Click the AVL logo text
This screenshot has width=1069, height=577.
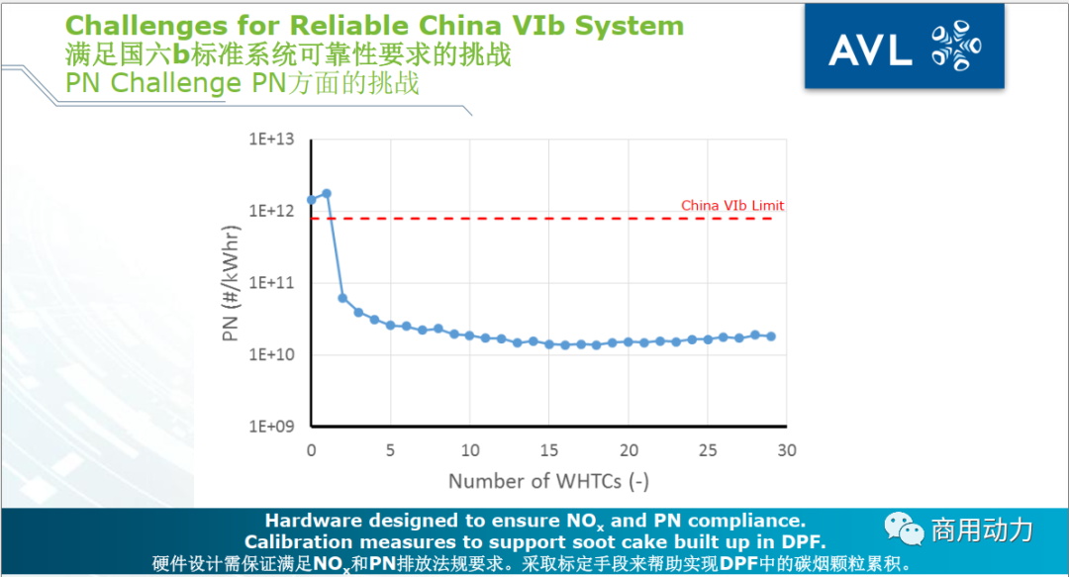click(870, 49)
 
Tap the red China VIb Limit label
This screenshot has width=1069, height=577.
click(731, 206)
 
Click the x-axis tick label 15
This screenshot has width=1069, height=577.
click(548, 450)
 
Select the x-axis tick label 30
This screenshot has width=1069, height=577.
click(786, 450)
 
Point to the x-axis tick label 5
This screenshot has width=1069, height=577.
click(390, 450)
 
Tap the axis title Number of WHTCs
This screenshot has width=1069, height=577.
click(548, 482)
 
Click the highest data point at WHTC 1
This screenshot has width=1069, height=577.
click(327, 194)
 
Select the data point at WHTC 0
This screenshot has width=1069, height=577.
click(312, 200)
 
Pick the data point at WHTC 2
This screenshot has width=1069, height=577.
click(342, 298)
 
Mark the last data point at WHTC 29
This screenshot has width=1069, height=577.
click(770, 337)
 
